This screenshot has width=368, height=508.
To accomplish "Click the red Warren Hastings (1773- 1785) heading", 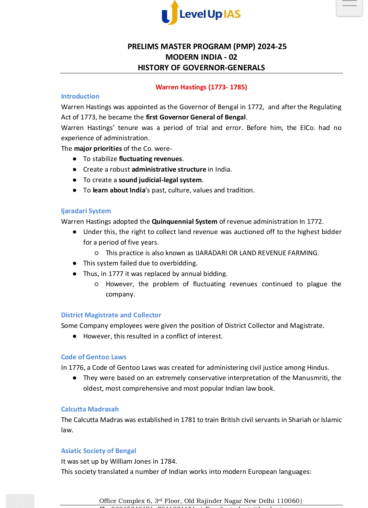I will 201,87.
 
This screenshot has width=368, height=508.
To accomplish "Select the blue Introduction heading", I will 80,96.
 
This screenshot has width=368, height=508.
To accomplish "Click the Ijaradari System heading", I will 86,211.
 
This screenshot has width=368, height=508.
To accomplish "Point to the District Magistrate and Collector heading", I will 111,315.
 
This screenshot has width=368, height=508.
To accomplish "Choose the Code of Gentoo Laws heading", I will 93,357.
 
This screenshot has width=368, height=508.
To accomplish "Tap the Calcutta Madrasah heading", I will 90,409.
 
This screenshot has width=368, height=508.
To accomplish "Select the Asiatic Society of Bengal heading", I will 98,451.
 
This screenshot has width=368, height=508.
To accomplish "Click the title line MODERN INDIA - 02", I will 201,57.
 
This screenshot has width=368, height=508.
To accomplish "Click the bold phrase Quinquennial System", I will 185,221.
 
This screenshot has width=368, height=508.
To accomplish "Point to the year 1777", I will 116,274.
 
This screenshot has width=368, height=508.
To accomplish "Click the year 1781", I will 188,420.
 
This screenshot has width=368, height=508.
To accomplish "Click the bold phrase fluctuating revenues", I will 150,159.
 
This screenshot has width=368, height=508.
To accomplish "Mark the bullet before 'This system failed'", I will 74,263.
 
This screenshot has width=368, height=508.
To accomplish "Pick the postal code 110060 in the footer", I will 288,501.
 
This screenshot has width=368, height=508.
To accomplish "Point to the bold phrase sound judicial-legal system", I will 160,180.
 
